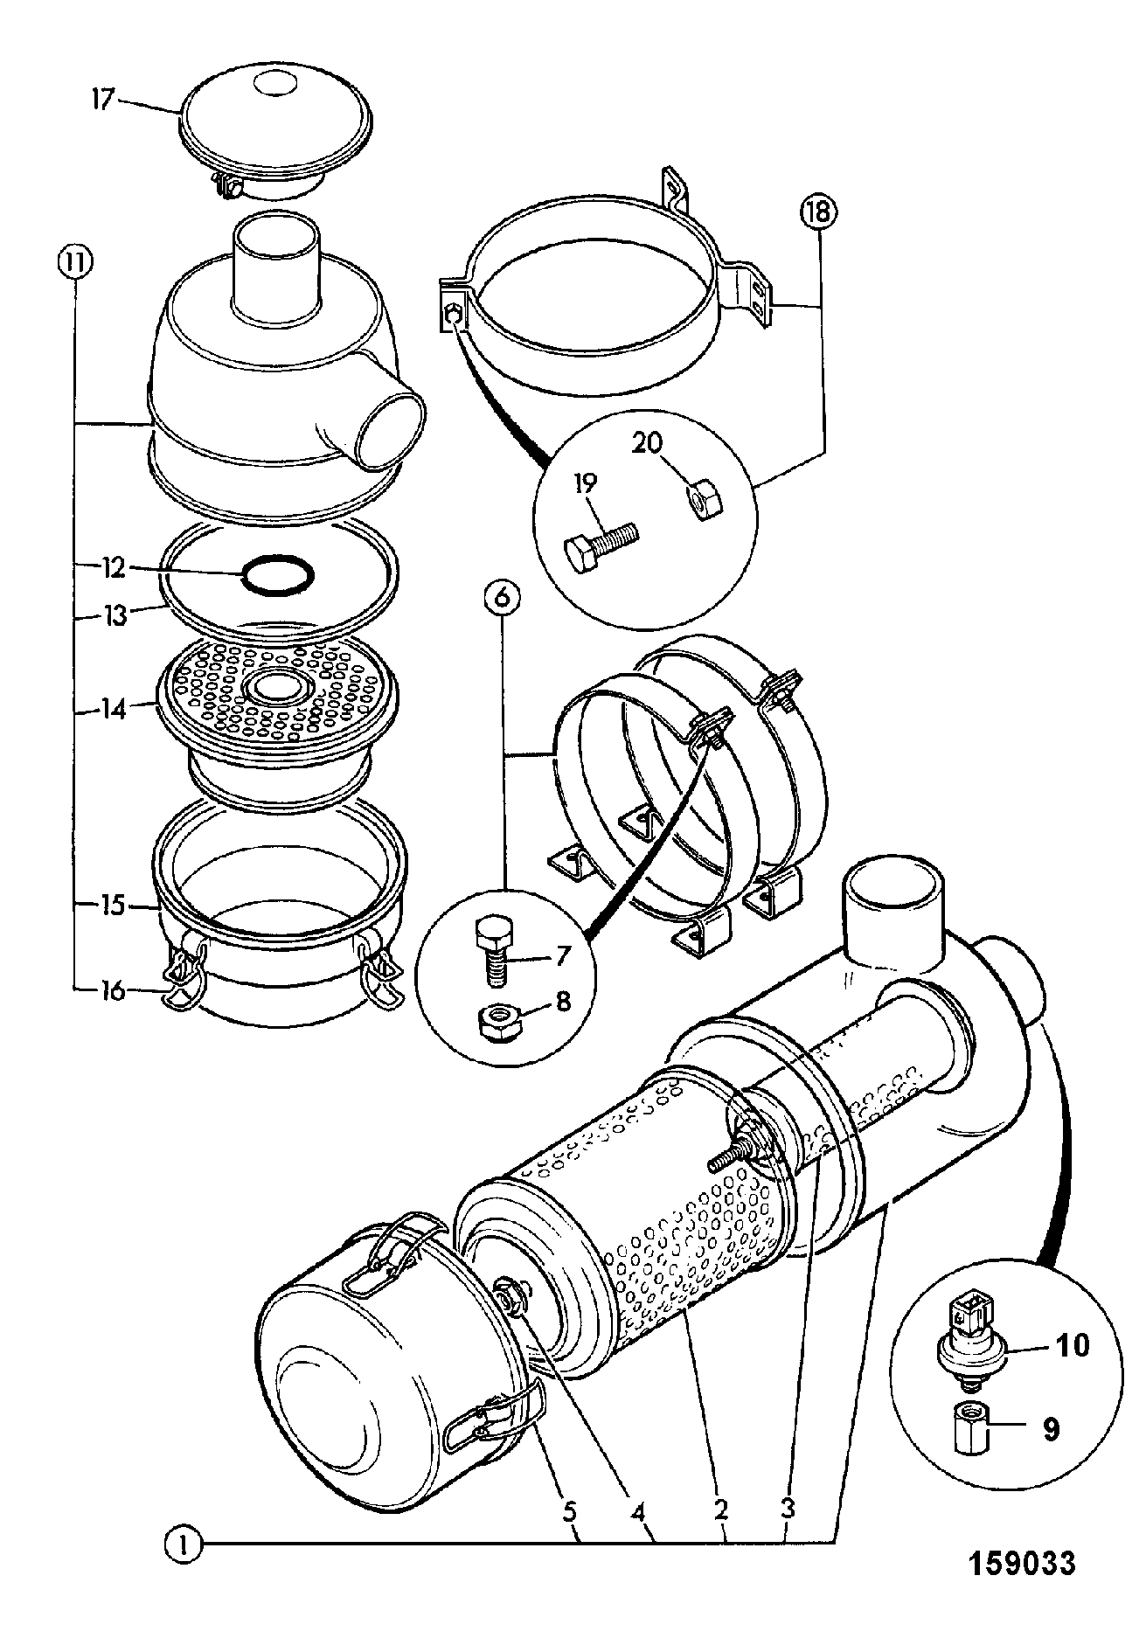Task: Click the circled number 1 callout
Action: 184,1547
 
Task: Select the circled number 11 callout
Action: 75,260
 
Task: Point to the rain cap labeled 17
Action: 274,138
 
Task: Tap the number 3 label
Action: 788,1508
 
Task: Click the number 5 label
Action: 570,1508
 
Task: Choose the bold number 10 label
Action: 1073,1344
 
